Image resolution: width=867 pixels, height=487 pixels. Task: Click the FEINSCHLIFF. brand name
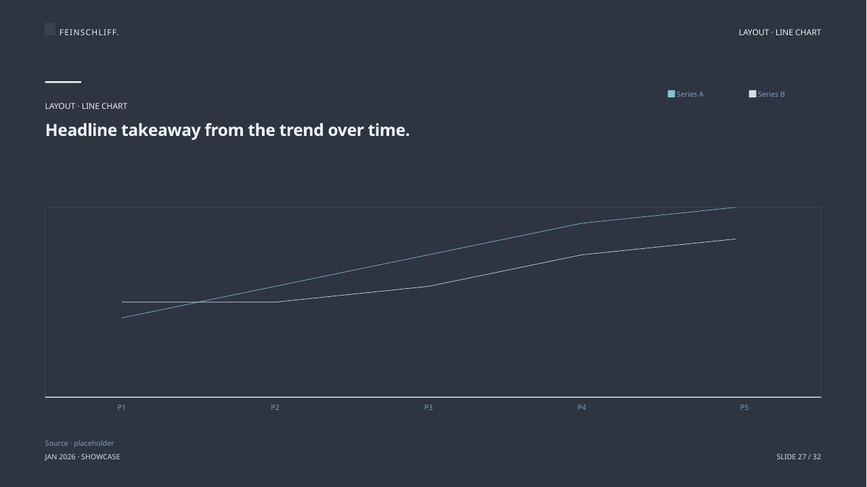pos(89,32)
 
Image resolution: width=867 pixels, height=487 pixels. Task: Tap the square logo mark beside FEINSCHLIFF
pos(50,29)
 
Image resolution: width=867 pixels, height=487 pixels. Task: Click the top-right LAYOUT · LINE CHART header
pos(780,32)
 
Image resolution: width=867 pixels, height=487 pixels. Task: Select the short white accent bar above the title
pos(63,82)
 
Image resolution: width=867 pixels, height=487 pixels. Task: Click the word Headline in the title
pos(81,130)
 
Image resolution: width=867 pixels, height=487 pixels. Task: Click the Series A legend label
pos(690,94)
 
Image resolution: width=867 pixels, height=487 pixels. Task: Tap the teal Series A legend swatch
pos(671,94)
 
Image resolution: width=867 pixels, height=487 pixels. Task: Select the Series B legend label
pos(771,94)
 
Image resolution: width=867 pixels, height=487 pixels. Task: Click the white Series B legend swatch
pos(753,94)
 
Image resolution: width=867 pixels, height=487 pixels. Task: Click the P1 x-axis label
pos(122,407)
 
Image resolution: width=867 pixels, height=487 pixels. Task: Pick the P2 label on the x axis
pos(275,407)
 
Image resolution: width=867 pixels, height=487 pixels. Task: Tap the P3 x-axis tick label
pos(428,407)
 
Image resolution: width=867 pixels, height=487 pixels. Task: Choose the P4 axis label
pos(582,407)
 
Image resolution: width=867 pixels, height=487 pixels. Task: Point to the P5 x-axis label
pos(744,407)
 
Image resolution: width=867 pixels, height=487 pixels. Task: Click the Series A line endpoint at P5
pos(735,208)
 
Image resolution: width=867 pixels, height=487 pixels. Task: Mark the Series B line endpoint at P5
pos(735,239)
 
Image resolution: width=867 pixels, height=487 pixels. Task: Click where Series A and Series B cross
pos(198,302)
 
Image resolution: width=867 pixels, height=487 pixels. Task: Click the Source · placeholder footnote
pos(79,443)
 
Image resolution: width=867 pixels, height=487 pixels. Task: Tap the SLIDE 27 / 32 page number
pos(799,457)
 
